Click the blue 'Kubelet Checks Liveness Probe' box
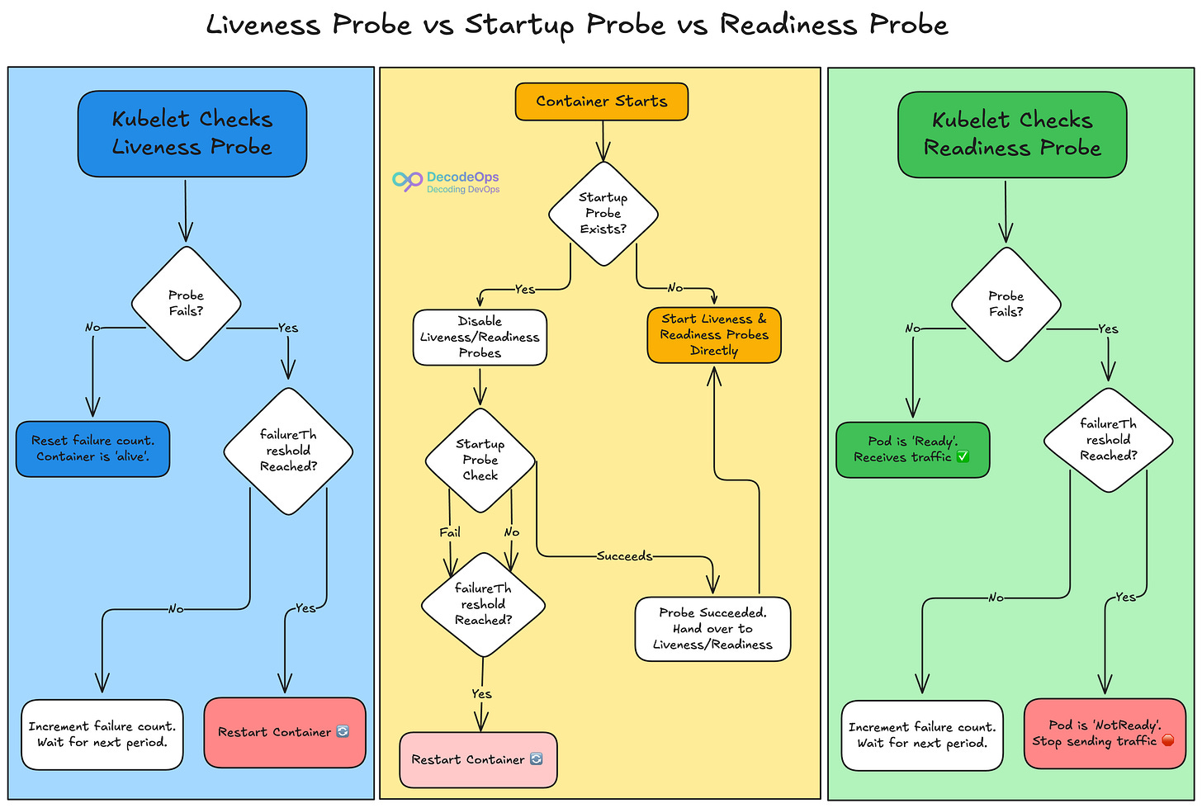click(192, 134)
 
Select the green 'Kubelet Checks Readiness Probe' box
click(1011, 135)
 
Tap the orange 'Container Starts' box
click(601, 102)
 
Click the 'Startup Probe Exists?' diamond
click(603, 214)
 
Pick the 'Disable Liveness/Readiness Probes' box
click(480, 337)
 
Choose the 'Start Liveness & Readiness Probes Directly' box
click(714, 335)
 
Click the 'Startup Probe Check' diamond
click(480, 460)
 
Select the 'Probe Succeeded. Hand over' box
click(712, 629)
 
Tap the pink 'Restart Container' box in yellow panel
click(478, 759)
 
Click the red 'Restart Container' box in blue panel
click(284, 732)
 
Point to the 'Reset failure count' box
click(92, 449)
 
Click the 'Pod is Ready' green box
click(912, 450)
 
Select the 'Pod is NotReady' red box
click(1104, 733)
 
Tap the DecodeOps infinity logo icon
click(407, 182)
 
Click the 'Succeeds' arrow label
click(624, 556)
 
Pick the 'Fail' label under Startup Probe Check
click(450, 532)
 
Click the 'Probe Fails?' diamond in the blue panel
click(186, 304)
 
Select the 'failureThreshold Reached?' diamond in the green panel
click(1108, 440)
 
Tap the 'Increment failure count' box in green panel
click(922, 735)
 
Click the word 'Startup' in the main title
click(518, 25)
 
